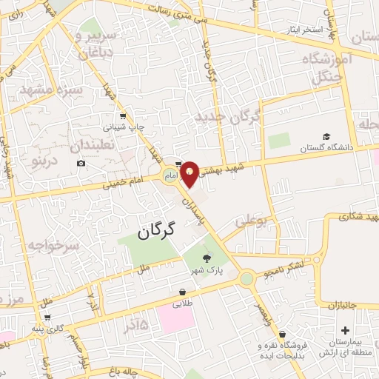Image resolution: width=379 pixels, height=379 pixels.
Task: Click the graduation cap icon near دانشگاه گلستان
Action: click(x=326, y=137)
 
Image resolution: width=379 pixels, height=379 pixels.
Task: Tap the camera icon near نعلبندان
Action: click(x=81, y=163)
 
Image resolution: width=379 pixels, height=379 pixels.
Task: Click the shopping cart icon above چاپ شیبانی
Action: click(x=121, y=115)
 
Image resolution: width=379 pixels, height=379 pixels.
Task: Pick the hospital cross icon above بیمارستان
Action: click(x=345, y=330)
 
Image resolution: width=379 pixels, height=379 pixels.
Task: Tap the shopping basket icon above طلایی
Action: click(x=183, y=292)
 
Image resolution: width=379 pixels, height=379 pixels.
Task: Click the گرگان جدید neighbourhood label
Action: click(x=229, y=116)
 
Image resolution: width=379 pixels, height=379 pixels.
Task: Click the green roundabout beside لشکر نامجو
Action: click(x=246, y=279)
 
